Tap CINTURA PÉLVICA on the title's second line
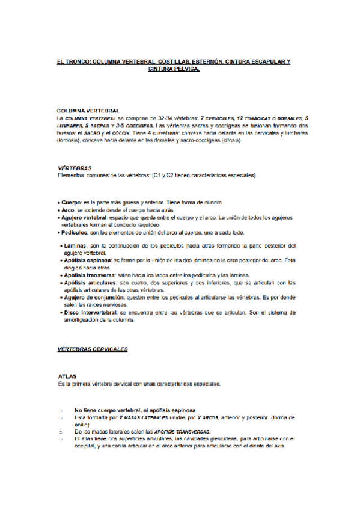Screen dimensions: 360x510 (174, 69)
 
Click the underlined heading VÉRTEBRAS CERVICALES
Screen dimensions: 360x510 (92, 349)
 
